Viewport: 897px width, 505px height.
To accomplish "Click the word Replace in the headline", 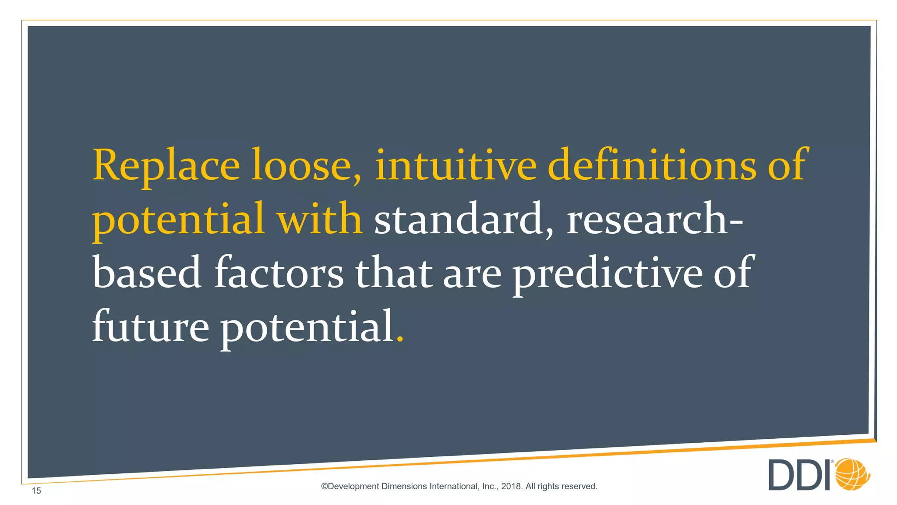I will [166, 166].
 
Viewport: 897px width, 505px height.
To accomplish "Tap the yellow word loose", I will [307, 166].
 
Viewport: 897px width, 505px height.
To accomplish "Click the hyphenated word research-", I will [654, 219].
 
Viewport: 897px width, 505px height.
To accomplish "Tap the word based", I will [147, 273].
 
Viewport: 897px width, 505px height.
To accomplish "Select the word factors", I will [279, 273].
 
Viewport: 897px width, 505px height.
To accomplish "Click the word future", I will [150, 327].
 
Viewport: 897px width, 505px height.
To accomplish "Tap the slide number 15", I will [36, 491].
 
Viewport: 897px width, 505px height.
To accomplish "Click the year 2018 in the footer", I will [511, 486].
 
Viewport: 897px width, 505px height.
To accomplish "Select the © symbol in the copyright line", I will [325, 486].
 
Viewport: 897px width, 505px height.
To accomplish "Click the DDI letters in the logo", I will [800, 475].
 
